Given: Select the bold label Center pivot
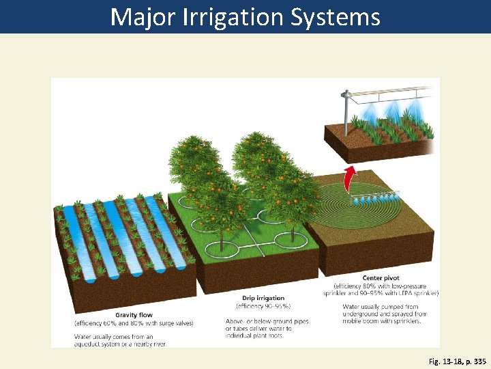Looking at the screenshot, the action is (x=381, y=278).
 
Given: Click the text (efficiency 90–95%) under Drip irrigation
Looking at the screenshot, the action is (x=263, y=306).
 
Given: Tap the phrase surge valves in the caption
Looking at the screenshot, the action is (x=176, y=323).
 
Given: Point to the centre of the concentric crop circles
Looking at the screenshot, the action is (x=354, y=201).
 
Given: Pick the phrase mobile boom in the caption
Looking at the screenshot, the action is (x=361, y=320).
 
